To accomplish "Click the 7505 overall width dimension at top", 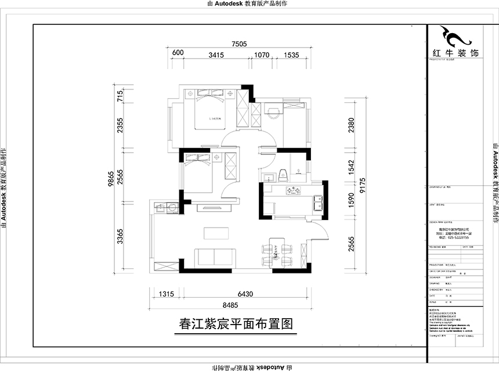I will click(x=240, y=44).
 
